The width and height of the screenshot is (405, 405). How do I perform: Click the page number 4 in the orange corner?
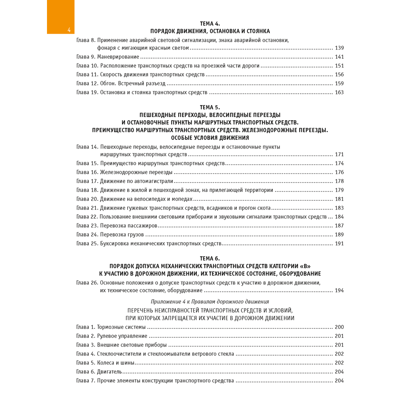[69, 30]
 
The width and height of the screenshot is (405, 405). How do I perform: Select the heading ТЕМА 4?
[210, 23]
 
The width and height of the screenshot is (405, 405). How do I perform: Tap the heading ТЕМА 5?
[210, 107]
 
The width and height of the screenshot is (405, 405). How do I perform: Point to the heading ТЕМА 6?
[210, 258]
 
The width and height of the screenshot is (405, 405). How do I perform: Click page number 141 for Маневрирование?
[339, 57]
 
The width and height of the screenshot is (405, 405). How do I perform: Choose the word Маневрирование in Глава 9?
[118, 57]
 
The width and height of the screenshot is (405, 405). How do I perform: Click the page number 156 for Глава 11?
[339, 75]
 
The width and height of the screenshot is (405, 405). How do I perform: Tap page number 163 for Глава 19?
[339, 92]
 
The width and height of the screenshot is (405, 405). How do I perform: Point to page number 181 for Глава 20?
[339, 199]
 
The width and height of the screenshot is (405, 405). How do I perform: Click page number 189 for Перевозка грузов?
[339, 234]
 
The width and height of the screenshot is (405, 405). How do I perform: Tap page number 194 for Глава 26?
[339, 290]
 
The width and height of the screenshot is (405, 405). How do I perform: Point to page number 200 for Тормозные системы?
[339, 327]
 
